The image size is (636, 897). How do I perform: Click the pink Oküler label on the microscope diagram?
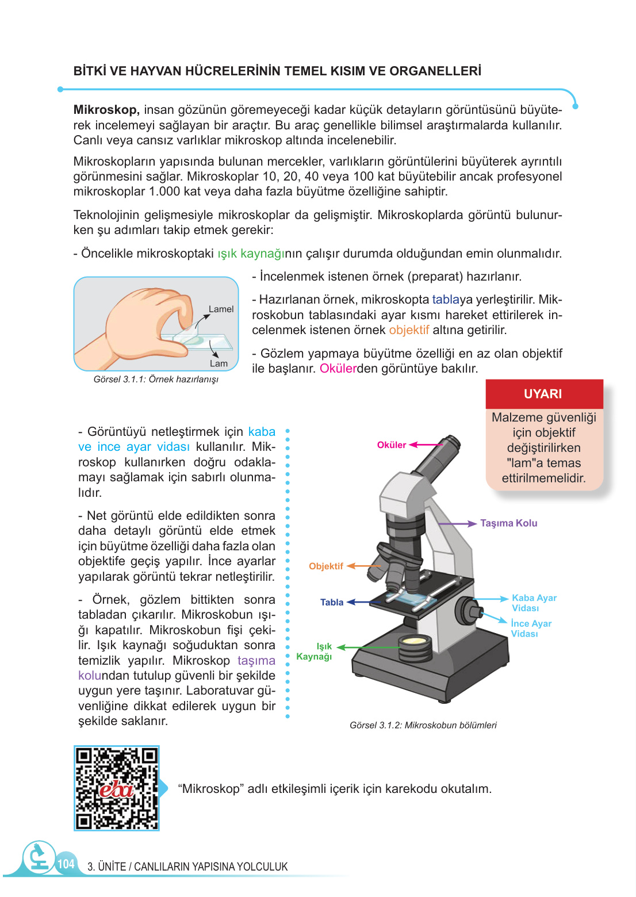[x=391, y=445]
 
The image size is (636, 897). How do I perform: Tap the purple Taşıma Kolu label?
[x=508, y=523]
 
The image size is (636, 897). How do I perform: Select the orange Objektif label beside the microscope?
[x=325, y=566]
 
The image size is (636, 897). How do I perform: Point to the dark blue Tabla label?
[x=332, y=603]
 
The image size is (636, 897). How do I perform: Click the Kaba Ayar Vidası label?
[x=534, y=603]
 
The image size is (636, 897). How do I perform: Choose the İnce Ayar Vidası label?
[x=531, y=628]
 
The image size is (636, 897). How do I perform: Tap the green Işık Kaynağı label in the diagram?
[x=315, y=651]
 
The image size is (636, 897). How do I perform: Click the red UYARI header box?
[x=543, y=394]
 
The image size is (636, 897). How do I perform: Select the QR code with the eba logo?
[x=117, y=788]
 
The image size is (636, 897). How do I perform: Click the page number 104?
[x=66, y=864]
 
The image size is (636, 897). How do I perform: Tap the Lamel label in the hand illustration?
[x=221, y=309]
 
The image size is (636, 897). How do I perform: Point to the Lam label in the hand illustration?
[x=219, y=363]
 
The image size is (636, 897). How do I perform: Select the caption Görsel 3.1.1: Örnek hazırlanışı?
[x=156, y=379]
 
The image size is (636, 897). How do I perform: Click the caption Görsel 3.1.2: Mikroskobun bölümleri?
[x=423, y=726]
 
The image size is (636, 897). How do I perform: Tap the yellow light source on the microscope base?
[x=415, y=641]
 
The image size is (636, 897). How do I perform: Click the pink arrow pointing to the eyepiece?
[x=425, y=444]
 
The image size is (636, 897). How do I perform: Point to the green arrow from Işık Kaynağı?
[x=368, y=647]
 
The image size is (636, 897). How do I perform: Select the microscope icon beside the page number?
[x=39, y=857]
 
